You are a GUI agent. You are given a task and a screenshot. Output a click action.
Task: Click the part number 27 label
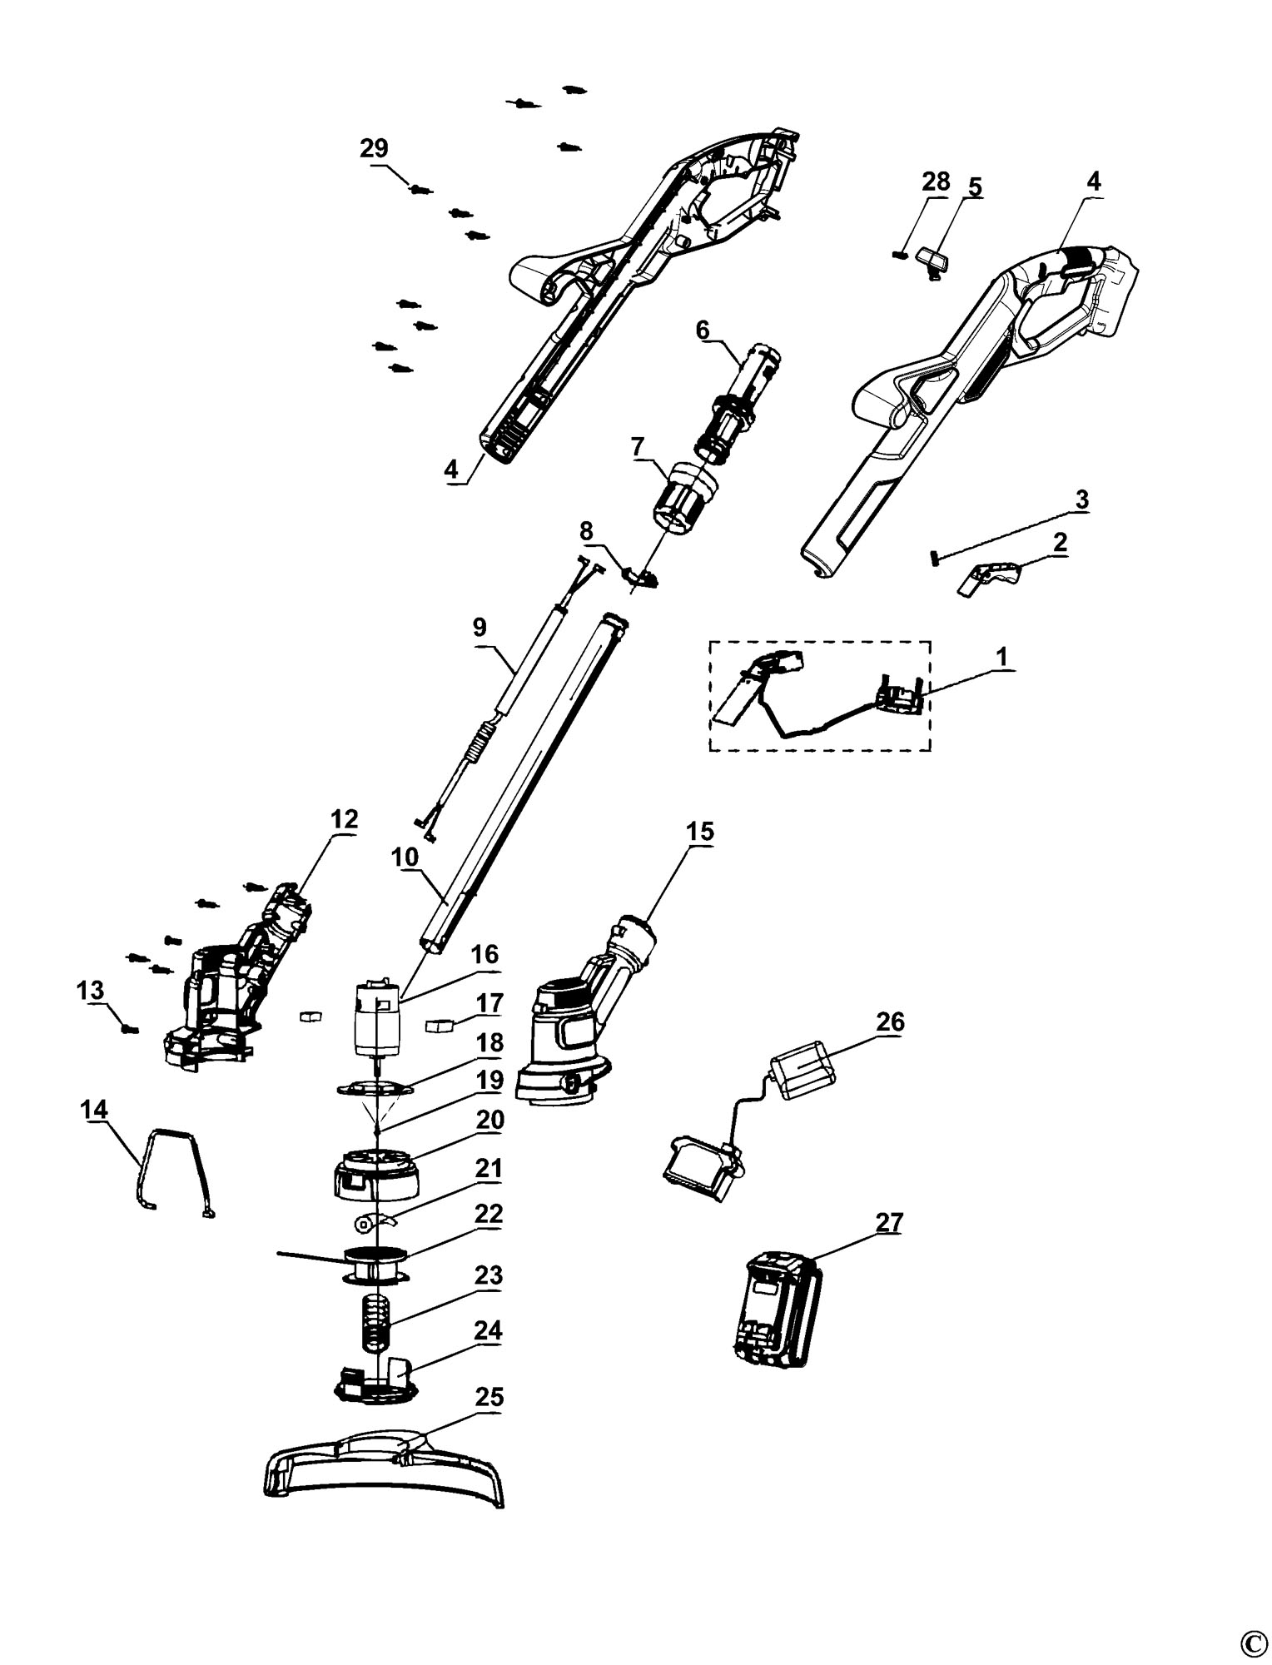(x=889, y=1223)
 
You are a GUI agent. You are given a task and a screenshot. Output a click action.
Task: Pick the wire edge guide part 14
(x=172, y=1172)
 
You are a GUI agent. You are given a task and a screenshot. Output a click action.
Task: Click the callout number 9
(x=479, y=627)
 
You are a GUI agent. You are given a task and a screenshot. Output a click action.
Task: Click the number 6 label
(x=703, y=330)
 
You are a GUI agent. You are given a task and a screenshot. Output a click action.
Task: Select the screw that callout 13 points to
(x=128, y=1029)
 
